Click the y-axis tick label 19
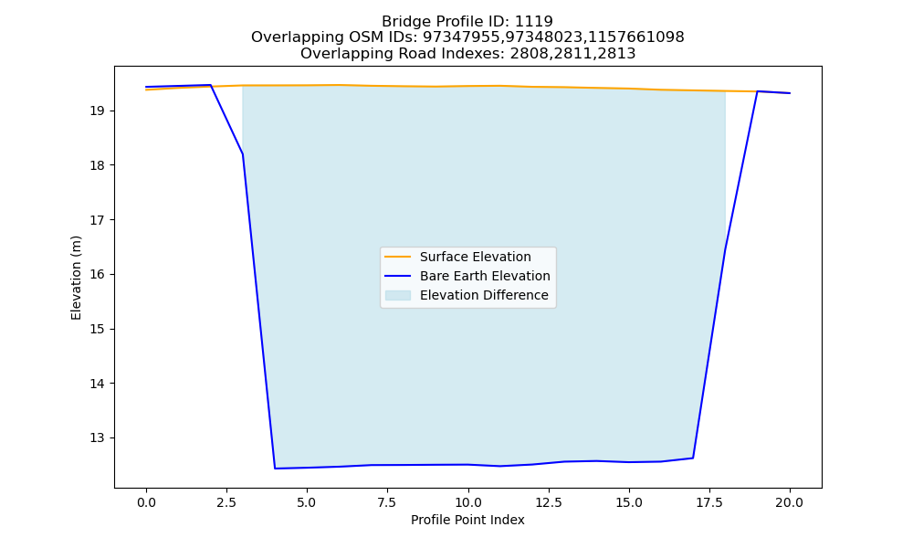[x=98, y=111]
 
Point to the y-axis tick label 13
[x=98, y=437]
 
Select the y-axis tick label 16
[x=98, y=274]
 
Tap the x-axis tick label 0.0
[x=146, y=502]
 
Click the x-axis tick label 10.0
[x=468, y=502]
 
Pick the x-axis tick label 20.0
[x=790, y=502]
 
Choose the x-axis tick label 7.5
[x=387, y=502]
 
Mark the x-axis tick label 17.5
[x=709, y=502]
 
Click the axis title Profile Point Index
[x=467, y=520]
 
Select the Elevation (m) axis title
[x=77, y=278]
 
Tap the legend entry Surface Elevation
[x=475, y=257]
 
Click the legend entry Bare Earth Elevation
[x=485, y=276]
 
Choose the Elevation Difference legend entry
[x=484, y=295]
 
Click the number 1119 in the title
[x=534, y=22]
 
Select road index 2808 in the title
[x=530, y=54]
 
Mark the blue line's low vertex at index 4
[x=275, y=469]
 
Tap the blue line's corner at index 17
[x=693, y=458]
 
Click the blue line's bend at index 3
[x=243, y=153]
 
